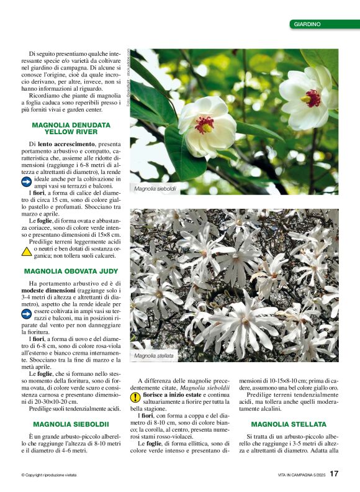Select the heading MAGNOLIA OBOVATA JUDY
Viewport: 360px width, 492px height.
[x=71, y=271]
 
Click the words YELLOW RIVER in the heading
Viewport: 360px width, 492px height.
[x=71, y=132]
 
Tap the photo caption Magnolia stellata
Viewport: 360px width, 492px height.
[x=154, y=356]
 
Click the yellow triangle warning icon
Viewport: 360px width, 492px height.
[x=27, y=252]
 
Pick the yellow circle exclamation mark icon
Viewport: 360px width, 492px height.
[x=135, y=397]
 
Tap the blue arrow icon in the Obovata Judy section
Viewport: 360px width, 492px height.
[x=27, y=314]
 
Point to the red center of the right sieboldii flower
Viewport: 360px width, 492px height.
[x=312, y=98]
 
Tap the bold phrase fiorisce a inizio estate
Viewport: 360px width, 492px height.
[x=174, y=394]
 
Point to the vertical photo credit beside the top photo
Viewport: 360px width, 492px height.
[x=128, y=78]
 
